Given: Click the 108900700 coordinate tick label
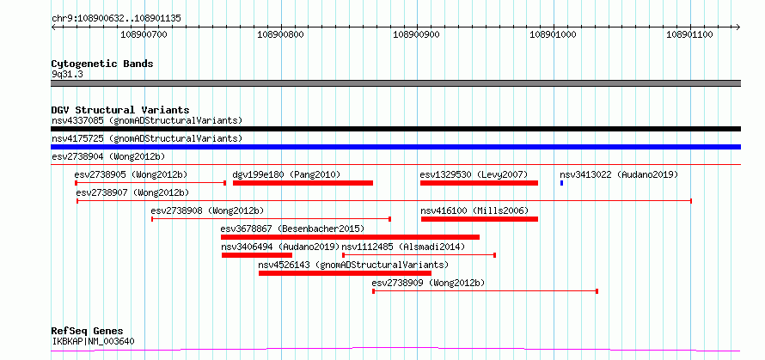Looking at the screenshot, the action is click(x=144, y=34).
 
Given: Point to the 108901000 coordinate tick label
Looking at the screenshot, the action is click(x=553, y=34).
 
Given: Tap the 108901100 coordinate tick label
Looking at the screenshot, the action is click(x=689, y=34).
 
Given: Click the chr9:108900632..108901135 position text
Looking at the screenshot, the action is click(x=116, y=19).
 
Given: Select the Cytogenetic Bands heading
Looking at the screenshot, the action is click(x=102, y=64).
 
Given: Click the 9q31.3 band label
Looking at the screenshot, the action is click(x=67, y=74).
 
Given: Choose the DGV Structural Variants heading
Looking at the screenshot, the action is click(x=120, y=110).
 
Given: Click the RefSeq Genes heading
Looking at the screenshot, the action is click(x=88, y=332).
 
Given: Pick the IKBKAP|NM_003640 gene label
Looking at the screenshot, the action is click(x=93, y=341).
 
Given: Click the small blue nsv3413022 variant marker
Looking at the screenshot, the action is click(x=561, y=183).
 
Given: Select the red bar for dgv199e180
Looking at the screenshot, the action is click(x=303, y=183).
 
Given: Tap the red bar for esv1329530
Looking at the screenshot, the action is click(x=479, y=183).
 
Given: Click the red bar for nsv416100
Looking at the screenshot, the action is click(x=480, y=219).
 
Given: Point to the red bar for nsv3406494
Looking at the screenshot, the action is click(x=257, y=255).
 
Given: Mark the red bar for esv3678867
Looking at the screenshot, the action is click(x=351, y=237).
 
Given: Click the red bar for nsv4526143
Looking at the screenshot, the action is click(x=345, y=273).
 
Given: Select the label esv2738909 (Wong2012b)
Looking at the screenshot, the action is click(x=428, y=283).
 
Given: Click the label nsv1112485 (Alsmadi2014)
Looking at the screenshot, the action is click(x=403, y=247).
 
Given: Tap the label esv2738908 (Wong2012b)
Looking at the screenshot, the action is click(x=207, y=211).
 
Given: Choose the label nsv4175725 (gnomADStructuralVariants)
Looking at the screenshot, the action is click(x=147, y=138).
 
